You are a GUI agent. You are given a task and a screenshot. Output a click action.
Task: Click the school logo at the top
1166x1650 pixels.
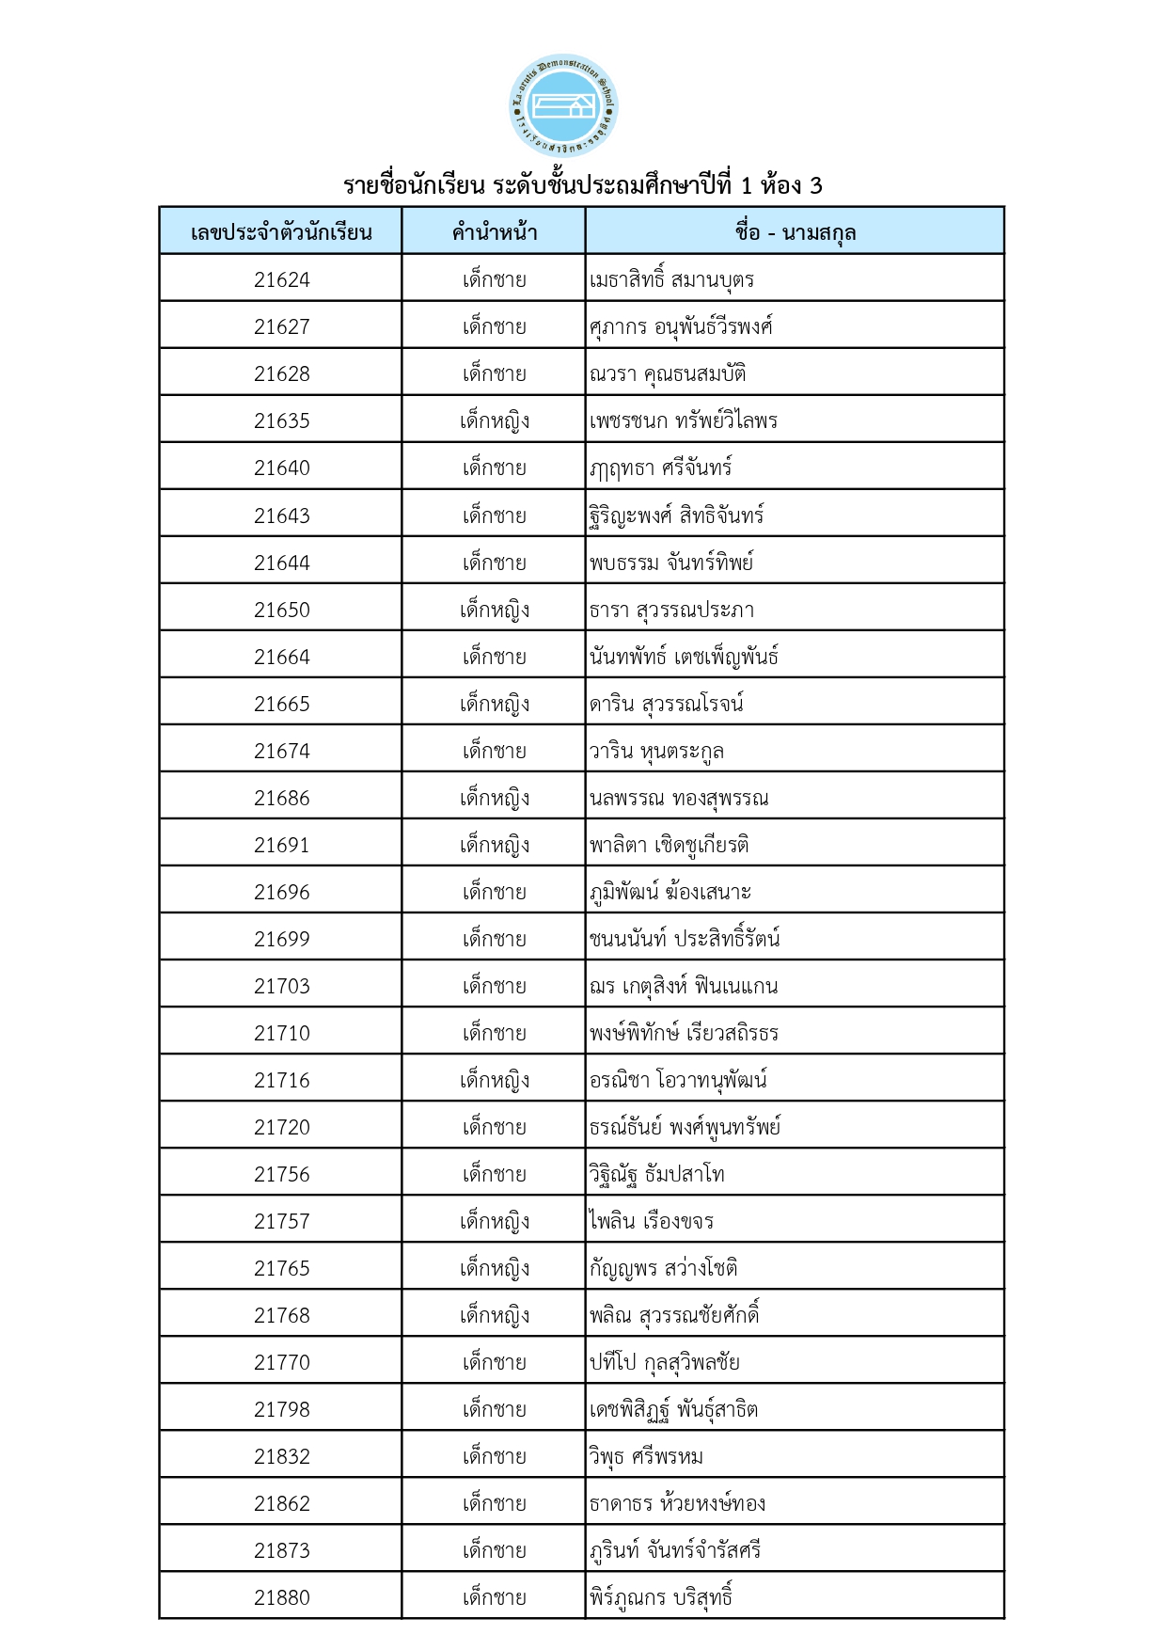pyautogui.click(x=562, y=105)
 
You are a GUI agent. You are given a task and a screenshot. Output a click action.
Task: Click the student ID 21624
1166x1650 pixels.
pyautogui.click(x=281, y=279)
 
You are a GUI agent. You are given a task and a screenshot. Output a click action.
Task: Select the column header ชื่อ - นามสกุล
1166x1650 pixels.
pyautogui.click(x=795, y=232)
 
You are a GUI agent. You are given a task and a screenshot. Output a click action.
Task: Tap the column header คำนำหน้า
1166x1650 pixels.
pyautogui.click(x=494, y=232)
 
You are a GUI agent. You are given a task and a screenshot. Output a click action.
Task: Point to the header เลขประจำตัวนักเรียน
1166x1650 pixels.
pyautogui.click(x=281, y=232)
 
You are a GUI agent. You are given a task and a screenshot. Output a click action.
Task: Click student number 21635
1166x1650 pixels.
pyautogui.click(x=281, y=420)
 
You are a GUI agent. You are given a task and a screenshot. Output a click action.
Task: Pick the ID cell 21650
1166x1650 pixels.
pyautogui.click(x=281, y=610)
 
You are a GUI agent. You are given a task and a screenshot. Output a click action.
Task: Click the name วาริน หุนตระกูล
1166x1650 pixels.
pyautogui.click(x=656, y=751)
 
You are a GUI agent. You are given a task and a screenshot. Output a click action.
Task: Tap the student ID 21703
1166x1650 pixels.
pyautogui.click(x=281, y=986)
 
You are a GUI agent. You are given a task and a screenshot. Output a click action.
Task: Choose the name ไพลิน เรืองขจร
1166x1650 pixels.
pyautogui.click(x=651, y=1221)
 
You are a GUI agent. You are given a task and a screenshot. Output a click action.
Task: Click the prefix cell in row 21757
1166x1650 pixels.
pyautogui.click(x=494, y=1221)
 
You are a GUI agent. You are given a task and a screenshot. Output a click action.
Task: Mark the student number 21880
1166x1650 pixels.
pyautogui.click(x=281, y=1597)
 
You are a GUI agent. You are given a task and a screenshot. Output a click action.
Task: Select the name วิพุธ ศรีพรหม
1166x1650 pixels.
pyautogui.click(x=646, y=1456)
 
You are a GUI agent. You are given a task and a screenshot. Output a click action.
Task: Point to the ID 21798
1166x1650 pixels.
pyautogui.click(x=281, y=1409)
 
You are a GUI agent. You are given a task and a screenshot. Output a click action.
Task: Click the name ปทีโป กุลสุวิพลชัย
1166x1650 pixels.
pyautogui.click(x=664, y=1362)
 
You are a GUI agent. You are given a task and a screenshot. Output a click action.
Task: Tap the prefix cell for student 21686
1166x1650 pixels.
pyautogui.click(x=494, y=798)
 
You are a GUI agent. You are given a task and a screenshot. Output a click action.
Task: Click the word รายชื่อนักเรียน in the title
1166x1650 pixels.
pyautogui.click(x=414, y=185)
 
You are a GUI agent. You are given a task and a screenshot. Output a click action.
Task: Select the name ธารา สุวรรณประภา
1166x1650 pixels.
pyautogui.click(x=671, y=610)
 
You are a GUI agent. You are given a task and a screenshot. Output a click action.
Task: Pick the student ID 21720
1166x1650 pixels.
pyautogui.click(x=281, y=1127)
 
